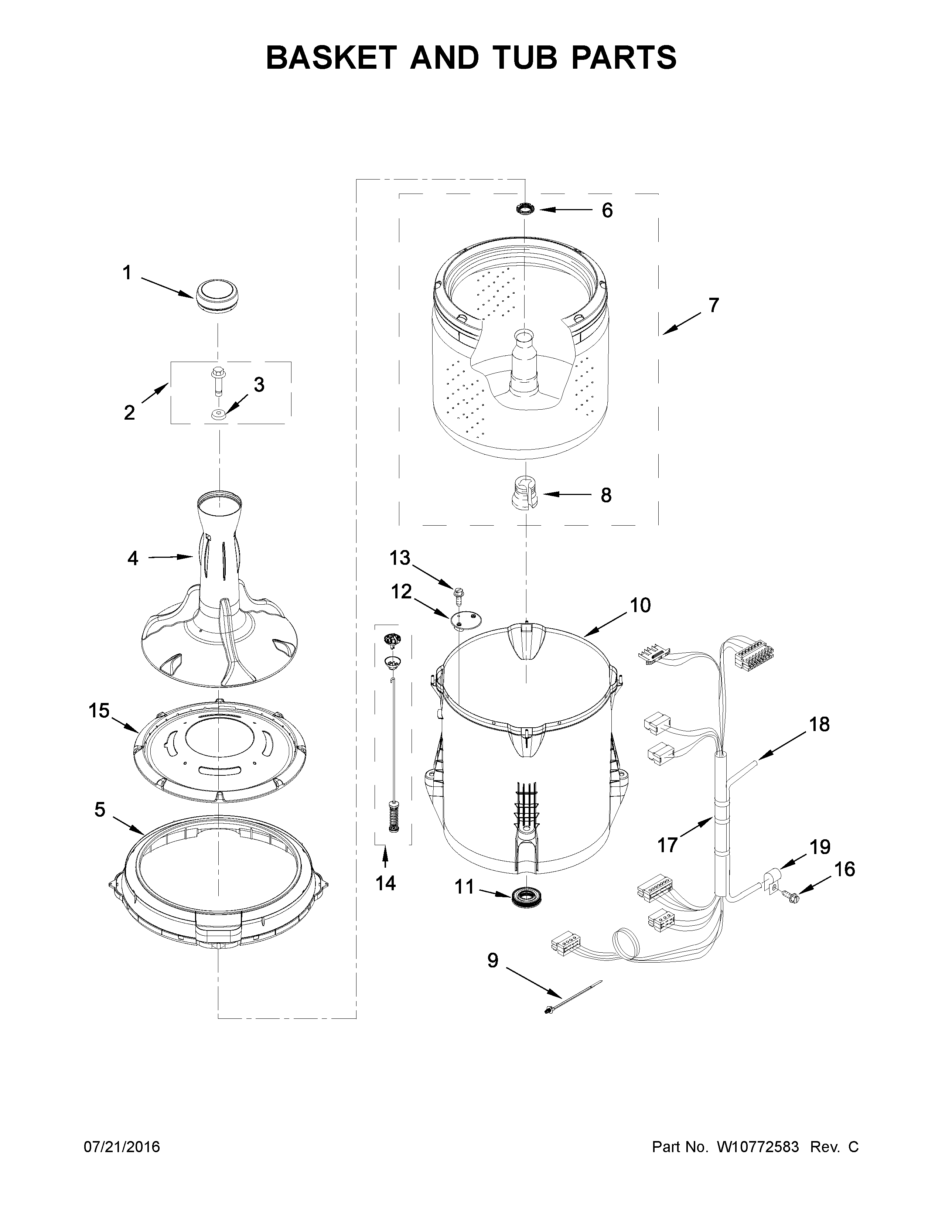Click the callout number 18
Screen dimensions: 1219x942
click(819, 724)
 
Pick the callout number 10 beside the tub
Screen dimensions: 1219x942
click(640, 605)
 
